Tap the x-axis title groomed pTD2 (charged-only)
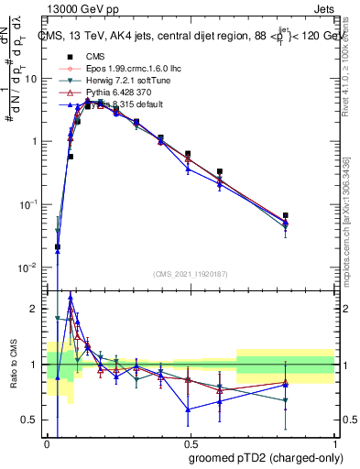tap(259, 458)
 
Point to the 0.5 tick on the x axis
tap(191, 442)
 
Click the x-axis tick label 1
tap(333, 442)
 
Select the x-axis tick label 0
tap(48, 442)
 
